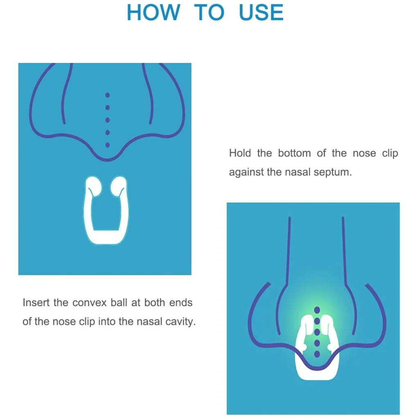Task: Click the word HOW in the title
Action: pyautogui.click(x=153, y=12)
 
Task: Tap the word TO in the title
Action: pyautogui.click(x=209, y=12)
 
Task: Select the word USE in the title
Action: pyautogui.click(x=261, y=12)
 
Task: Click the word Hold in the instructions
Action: pyautogui.click(x=240, y=153)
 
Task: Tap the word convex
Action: pyautogui.click(x=90, y=303)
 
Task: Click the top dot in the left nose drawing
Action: pyautogui.click(x=108, y=95)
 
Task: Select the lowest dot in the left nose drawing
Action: pyautogui.click(x=108, y=145)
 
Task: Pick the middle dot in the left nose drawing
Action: pyautogui.click(x=108, y=120)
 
